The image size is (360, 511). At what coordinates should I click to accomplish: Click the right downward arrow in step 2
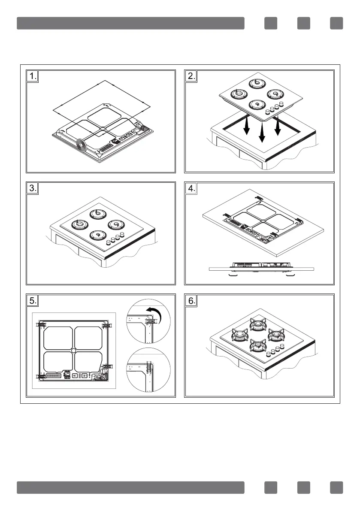click(278, 126)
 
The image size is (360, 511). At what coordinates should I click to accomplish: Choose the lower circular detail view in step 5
click(149, 370)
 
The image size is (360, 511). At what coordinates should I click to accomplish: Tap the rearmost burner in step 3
click(96, 214)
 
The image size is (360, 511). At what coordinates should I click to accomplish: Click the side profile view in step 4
click(262, 268)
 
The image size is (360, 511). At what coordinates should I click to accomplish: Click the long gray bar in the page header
click(130, 23)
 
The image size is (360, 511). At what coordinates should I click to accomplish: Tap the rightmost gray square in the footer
click(336, 487)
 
